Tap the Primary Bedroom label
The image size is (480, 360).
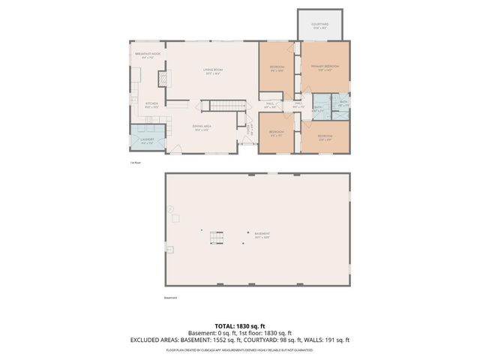pyautogui.click(x=325, y=67)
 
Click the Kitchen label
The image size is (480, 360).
pyautogui.click(x=151, y=104)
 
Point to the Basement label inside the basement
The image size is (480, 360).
pyautogui.click(x=261, y=235)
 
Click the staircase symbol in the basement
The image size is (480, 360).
pyautogui.click(x=217, y=238)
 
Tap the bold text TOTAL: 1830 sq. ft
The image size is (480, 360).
pyautogui.click(x=240, y=326)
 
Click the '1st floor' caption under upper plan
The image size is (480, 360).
pyautogui.click(x=135, y=162)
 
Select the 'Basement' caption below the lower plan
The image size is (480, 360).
pyautogui.click(x=172, y=298)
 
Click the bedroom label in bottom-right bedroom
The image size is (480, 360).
pyautogui.click(x=325, y=136)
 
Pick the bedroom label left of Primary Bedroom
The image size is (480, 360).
pyautogui.click(x=276, y=68)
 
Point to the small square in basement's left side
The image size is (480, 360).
pyautogui.click(x=177, y=218)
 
